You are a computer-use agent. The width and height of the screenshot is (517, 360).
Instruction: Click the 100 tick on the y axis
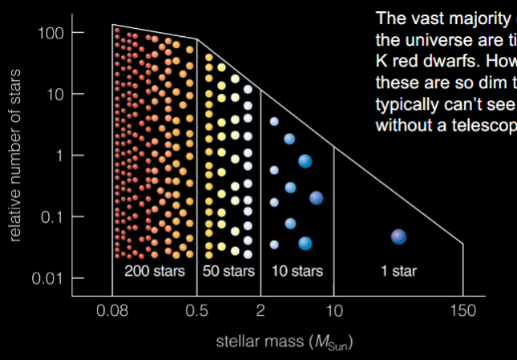pyautogui.click(x=50, y=33)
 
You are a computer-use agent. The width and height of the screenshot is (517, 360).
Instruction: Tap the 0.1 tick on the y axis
pyautogui.click(x=50, y=216)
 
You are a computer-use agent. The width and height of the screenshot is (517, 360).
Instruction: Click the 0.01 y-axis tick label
pyautogui.click(x=46, y=278)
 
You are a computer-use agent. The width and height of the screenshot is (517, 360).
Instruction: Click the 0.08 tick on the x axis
pyautogui.click(x=112, y=310)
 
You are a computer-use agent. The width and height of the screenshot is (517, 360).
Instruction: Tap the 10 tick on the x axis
pyautogui.click(x=334, y=310)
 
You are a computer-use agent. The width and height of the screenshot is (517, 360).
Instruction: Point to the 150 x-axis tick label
pyautogui.click(x=463, y=310)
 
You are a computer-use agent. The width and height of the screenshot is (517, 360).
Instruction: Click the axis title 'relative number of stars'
pyautogui.click(x=16, y=156)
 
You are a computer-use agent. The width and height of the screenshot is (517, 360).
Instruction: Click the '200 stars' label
pyautogui.click(x=154, y=270)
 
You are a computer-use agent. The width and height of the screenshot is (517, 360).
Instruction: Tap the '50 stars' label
pyautogui.click(x=228, y=270)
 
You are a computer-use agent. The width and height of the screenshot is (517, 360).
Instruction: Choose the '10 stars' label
pyautogui.click(x=297, y=270)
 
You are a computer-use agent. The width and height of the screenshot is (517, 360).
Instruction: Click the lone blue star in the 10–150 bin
pyautogui.click(x=398, y=236)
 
